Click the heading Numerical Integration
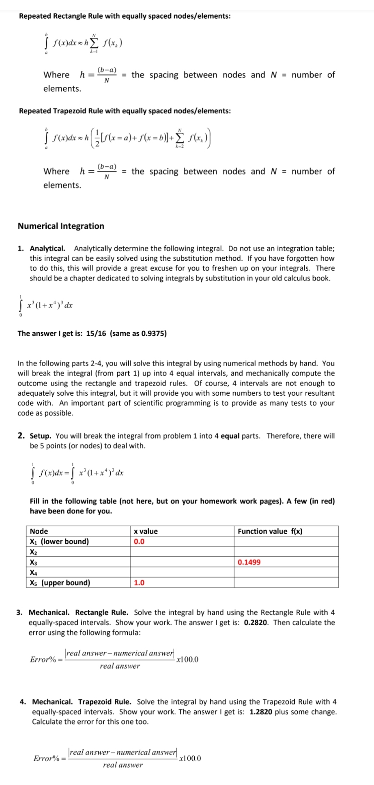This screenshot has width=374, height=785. point(61,226)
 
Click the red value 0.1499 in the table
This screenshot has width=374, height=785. point(249,562)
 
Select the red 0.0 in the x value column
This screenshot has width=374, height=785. point(139,541)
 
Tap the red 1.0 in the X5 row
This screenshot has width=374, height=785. point(139,583)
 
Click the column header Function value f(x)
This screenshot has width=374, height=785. point(270,531)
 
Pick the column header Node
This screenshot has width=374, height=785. point(39,531)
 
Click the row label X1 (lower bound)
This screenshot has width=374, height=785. point(59,541)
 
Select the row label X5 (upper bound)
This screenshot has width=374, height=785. point(60,583)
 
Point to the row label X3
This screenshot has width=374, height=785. point(34,562)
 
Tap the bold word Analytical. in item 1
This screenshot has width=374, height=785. point(47,248)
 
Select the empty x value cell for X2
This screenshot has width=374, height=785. point(182,552)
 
